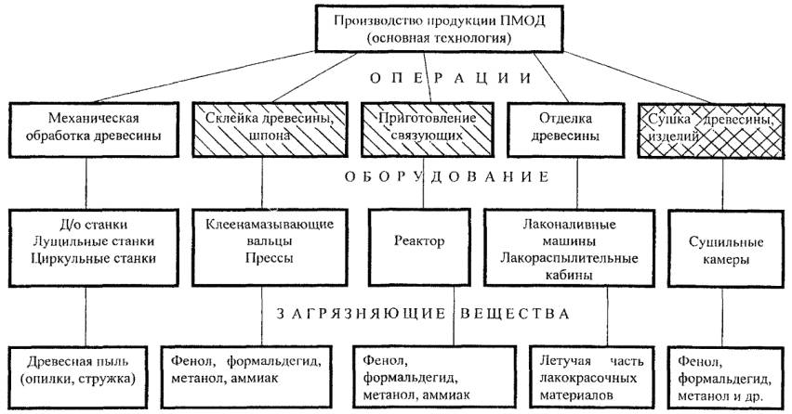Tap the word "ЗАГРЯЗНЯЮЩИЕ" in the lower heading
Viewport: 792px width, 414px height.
pos(363,313)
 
